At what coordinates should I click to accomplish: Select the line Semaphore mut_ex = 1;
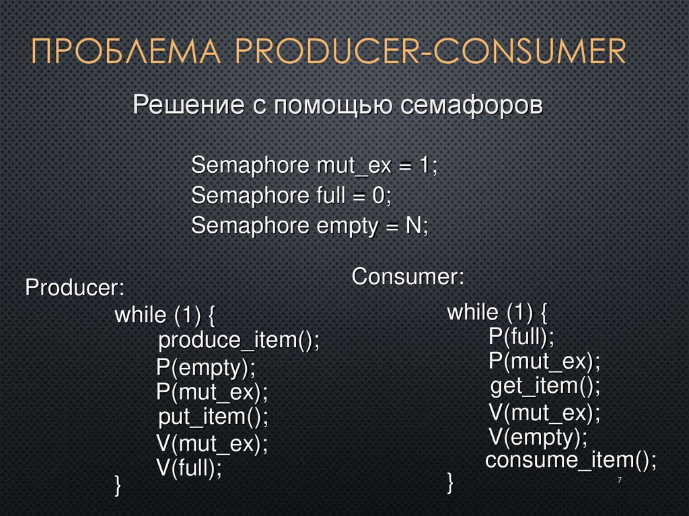tap(314, 165)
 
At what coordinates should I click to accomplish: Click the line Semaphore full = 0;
tap(291, 196)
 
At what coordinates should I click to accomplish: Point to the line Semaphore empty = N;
tap(310, 226)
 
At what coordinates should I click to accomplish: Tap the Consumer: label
tap(408, 276)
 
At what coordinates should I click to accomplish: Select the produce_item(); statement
tap(239, 340)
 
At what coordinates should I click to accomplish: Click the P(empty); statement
tap(206, 367)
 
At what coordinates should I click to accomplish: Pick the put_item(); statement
tap(213, 416)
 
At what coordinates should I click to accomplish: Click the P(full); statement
tap(521, 336)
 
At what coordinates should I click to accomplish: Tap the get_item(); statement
tap(544, 386)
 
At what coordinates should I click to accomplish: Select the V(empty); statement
tap(538, 437)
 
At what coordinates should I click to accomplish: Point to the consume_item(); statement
tap(571, 461)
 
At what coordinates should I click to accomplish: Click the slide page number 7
tap(618, 479)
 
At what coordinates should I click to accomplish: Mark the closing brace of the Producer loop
tap(118, 484)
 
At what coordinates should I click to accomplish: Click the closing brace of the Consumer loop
tap(450, 481)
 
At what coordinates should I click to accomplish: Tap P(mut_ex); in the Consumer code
tap(544, 361)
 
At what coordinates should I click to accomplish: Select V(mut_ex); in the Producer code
tap(212, 443)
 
